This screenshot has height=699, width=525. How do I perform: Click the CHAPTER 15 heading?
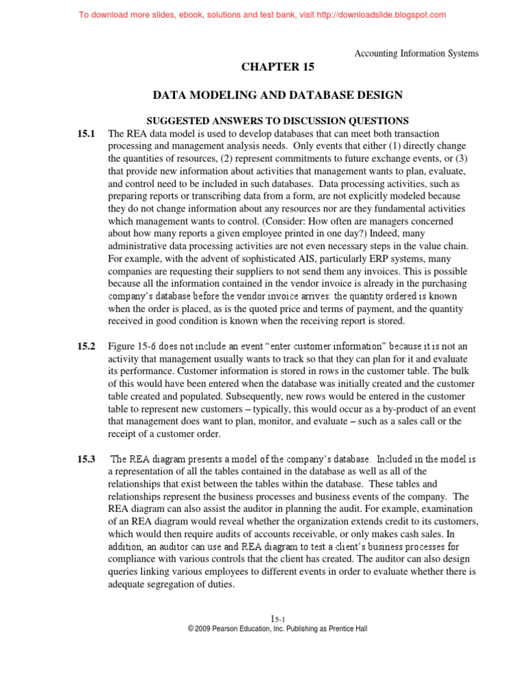pyautogui.click(x=277, y=67)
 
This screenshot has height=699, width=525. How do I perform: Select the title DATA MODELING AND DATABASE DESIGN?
pyautogui.click(x=277, y=94)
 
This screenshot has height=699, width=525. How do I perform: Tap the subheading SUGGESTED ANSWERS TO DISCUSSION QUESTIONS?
pyautogui.click(x=277, y=120)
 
